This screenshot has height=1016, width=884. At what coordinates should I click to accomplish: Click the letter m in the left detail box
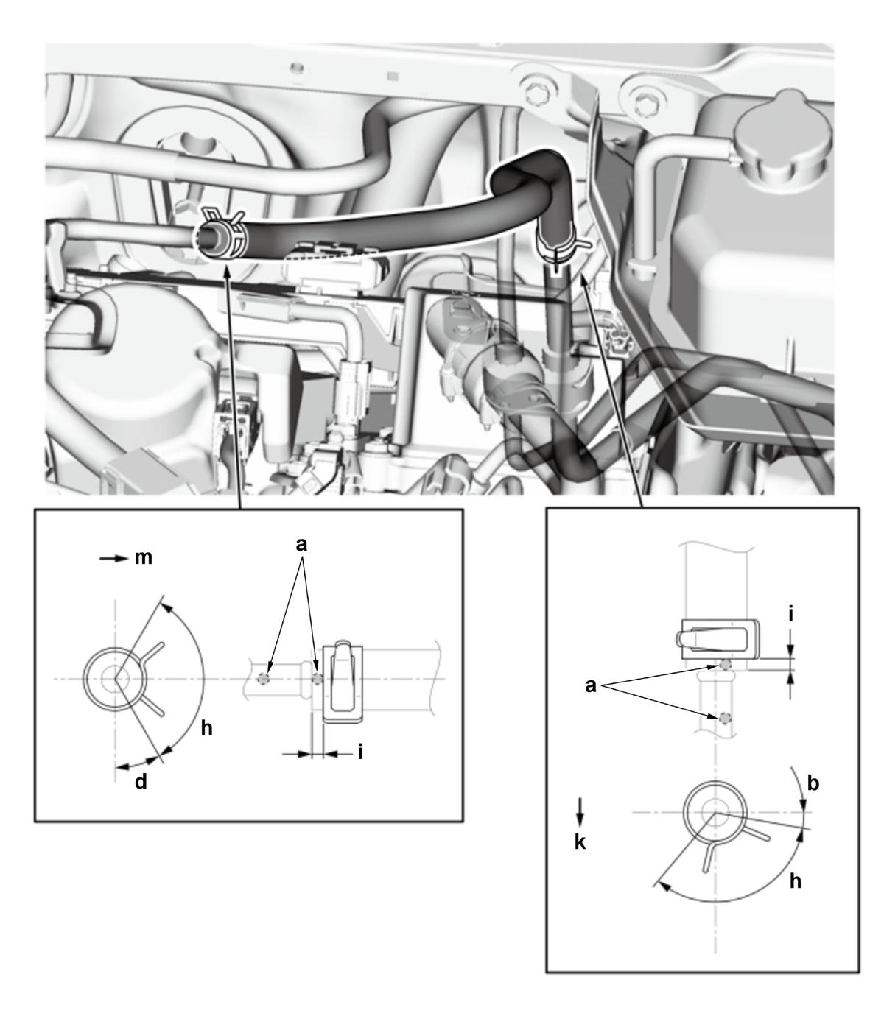(144, 558)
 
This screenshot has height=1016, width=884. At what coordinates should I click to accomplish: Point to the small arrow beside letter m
(113, 558)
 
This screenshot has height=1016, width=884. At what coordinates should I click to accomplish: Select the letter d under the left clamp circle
(141, 781)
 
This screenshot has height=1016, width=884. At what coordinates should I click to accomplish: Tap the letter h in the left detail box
(207, 728)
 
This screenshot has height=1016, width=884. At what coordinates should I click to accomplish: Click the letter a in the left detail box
(301, 545)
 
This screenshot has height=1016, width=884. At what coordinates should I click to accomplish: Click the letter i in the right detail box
(790, 615)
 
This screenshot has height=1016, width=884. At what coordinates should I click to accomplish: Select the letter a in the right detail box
(590, 685)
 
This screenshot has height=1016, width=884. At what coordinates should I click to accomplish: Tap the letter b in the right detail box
(813, 783)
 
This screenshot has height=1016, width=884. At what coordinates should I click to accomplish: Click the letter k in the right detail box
(580, 842)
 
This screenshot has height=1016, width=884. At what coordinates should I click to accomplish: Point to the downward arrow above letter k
(580, 812)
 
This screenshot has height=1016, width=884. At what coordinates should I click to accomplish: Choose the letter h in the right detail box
(796, 881)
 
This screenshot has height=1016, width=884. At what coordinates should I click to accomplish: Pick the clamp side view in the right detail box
(717, 638)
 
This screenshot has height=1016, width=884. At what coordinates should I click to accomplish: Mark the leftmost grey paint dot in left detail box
(264, 679)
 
